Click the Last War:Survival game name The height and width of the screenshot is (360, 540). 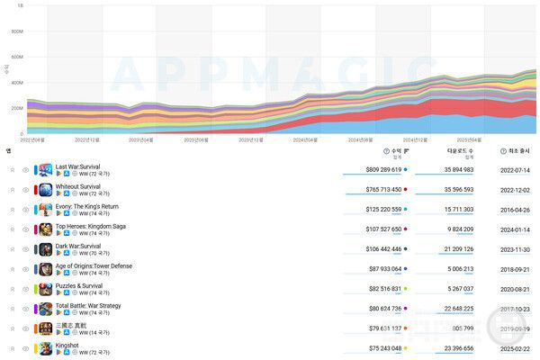(x=79, y=166)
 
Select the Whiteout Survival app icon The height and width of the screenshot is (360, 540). (x=45, y=190)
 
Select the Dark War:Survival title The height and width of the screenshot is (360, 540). (x=79, y=246)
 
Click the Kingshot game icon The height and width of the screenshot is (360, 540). (x=45, y=348)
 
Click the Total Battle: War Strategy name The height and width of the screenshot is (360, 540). (x=88, y=305)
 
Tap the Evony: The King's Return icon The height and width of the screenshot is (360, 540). (x=45, y=210)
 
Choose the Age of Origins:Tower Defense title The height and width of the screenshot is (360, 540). (x=93, y=265)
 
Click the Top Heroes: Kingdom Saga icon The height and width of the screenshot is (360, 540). (x=45, y=229)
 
